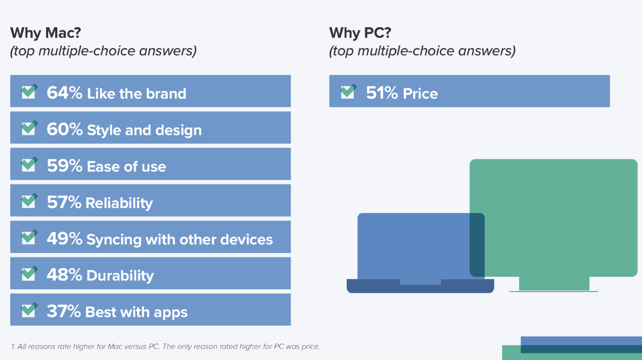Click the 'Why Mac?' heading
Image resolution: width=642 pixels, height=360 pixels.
pos(45,33)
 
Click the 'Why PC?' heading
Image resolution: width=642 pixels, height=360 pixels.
pos(360,33)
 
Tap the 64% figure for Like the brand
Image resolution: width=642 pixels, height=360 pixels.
pos(65,93)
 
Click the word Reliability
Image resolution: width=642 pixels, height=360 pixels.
pos(119,203)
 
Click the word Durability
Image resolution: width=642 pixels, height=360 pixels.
pos(120,275)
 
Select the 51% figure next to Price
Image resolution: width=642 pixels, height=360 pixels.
pos(382,93)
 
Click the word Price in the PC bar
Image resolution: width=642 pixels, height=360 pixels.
pos(421,94)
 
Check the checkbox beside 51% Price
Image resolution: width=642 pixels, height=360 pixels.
pos(348,91)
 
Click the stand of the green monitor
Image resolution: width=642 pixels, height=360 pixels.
pos(554,284)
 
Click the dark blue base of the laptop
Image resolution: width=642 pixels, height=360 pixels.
pos(420,286)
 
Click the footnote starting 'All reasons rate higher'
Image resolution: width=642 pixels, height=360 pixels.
pos(166,347)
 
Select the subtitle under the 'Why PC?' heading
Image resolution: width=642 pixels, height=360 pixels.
pos(422,51)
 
